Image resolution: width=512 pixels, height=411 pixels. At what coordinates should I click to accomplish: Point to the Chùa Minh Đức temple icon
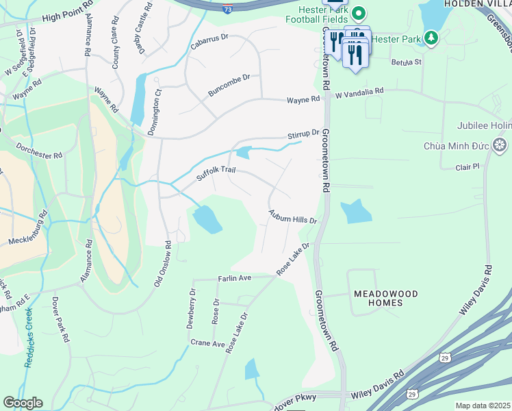coord(500,145)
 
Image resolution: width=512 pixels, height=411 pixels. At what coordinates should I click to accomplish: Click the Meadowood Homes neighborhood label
coord(385,298)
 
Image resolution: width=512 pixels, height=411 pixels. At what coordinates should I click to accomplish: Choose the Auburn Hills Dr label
coord(293,217)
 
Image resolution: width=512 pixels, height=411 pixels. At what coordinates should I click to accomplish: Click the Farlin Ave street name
coord(235,278)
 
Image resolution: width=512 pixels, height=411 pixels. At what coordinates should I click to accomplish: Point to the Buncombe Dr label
coord(229,86)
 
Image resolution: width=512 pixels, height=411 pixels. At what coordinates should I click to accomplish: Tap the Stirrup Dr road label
coord(303,134)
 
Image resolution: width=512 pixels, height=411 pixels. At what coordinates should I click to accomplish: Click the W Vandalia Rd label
coord(360,90)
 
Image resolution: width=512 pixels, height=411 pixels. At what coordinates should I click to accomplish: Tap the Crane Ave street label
coord(207,343)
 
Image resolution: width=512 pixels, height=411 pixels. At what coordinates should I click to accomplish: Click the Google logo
coord(23,403)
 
